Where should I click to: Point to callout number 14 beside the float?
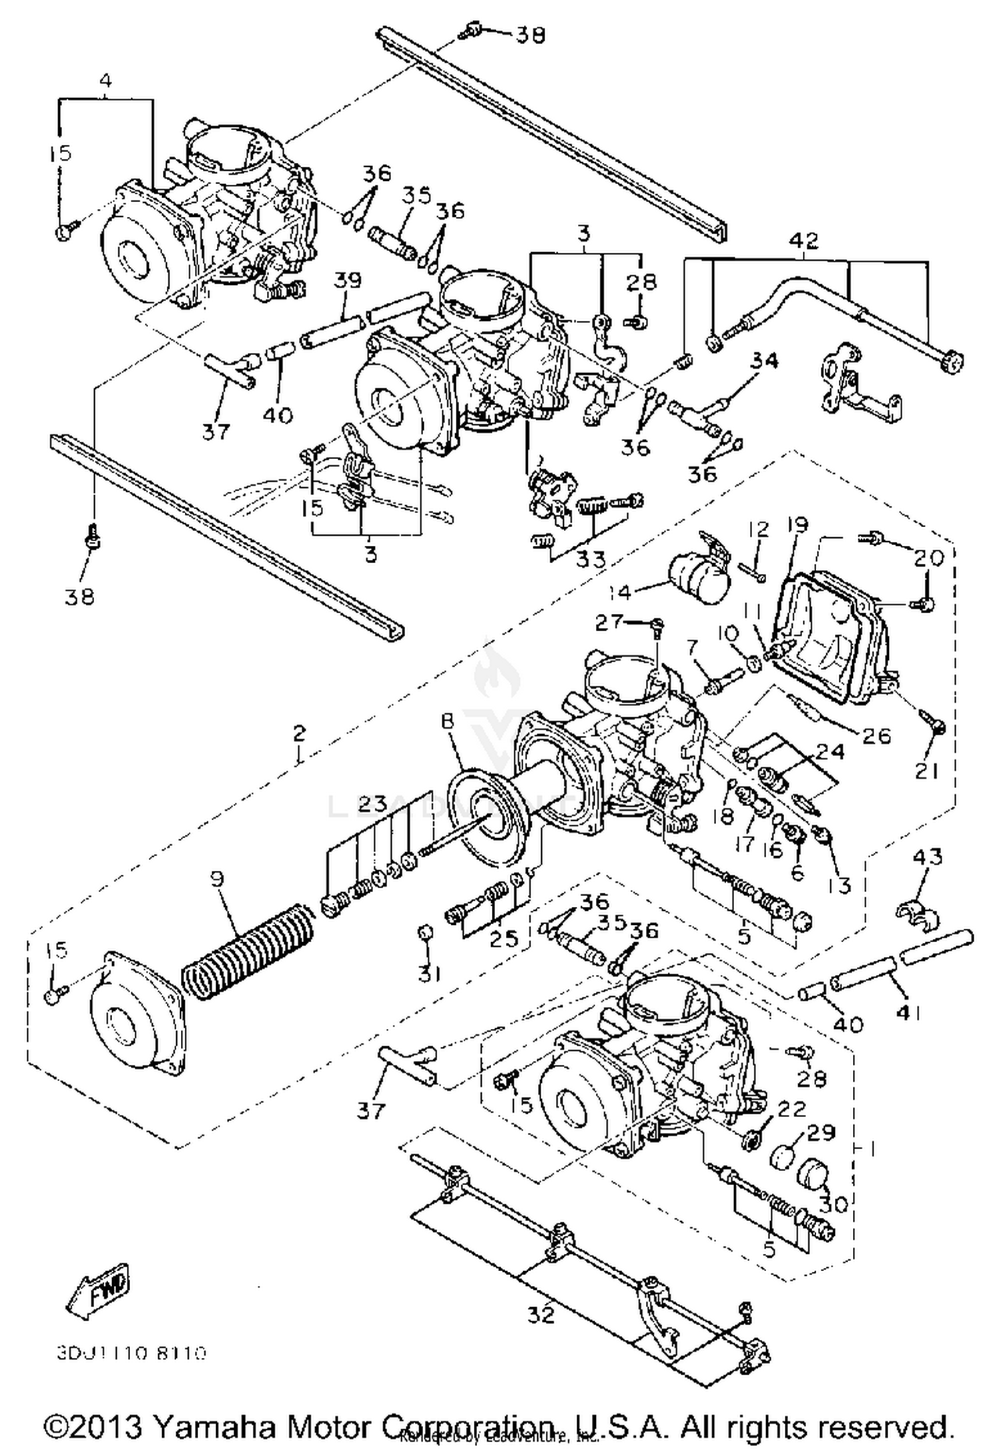(x=620, y=592)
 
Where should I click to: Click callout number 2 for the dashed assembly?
(x=299, y=733)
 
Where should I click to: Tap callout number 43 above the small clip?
(x=928, y=857)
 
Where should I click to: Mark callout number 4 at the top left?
(x=105, y=81)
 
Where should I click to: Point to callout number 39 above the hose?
(x=348, y=280)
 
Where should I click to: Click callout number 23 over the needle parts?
(x=372, y=804)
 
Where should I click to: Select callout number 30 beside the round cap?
(x=833, y=1204)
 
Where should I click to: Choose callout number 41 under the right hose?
(x=908, y=1014)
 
